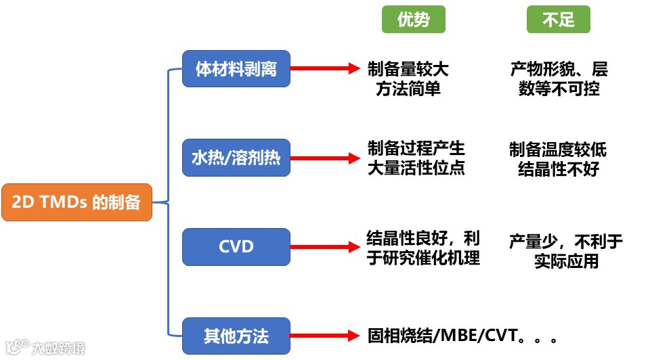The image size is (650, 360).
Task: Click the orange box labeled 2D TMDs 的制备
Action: (77, 202)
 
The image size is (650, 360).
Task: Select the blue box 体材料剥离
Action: (236, 68)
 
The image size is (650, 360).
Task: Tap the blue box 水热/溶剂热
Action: (236, 158)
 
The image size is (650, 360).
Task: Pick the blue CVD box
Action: (236, 246)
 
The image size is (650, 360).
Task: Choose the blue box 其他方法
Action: (236, 336)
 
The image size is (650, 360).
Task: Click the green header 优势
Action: (413, 20)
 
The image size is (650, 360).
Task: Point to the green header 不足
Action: (559, 20)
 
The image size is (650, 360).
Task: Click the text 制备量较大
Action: (408, 69)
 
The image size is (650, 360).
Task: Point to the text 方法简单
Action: (408, 89)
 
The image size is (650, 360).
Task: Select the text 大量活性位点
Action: (416, 168)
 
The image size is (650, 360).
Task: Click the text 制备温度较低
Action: (558, 149)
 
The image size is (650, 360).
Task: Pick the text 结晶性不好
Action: (558, 168)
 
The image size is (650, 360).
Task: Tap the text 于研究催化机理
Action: (423, 257)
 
